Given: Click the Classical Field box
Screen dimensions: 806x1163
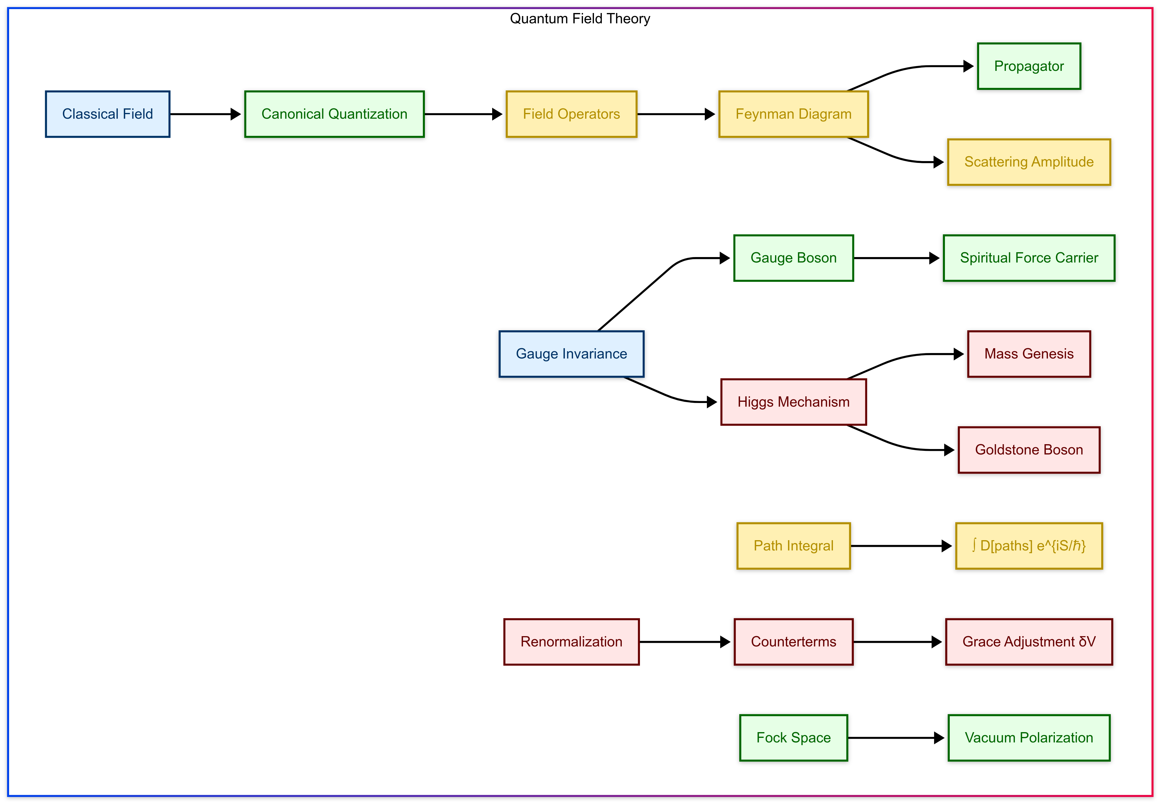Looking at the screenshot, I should point(107,114).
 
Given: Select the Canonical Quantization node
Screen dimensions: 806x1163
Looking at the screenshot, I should point(334,114).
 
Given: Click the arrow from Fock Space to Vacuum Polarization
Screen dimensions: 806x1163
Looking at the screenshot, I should point(894,738).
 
